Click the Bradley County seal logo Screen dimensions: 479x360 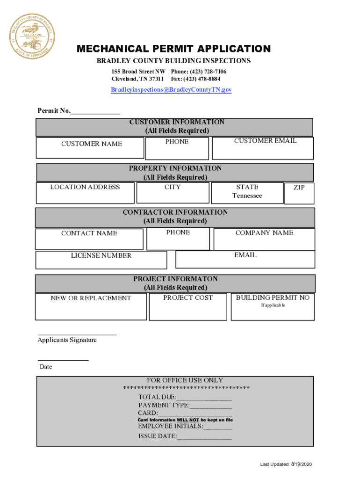click(x=32, y=36)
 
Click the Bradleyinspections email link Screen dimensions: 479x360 click(x=171, y=90)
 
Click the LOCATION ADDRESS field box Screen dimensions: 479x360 click(x=85, y=193)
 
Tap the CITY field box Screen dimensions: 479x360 click(x=172, y=193)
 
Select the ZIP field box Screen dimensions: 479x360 click(x=299, y=193)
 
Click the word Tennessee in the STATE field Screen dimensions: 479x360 click(x=247, y=196)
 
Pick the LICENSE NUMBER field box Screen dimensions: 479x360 click(x=101, y=260)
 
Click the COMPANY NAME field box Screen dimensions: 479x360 click(x=264, y=239)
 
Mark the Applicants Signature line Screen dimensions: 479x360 click(x=77, y=334)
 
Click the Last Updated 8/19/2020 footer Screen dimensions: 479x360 click(x=286, y=464)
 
